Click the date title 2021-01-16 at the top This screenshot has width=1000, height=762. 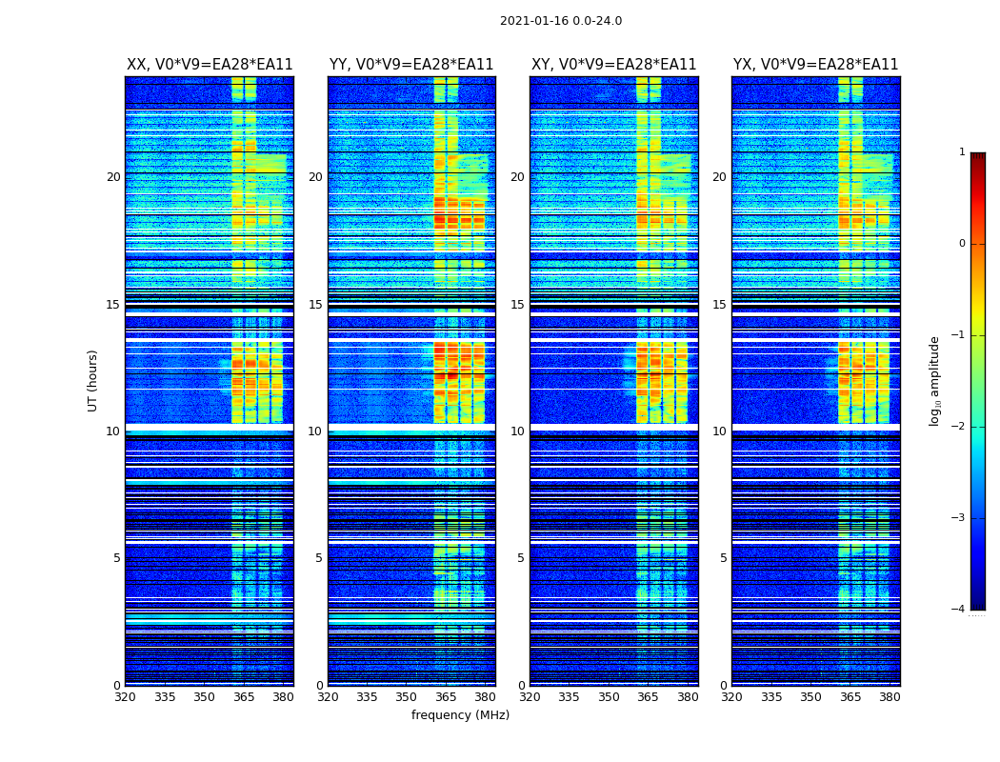(560, 21)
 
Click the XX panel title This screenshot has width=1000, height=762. (210, 65)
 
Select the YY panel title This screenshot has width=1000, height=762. (411, 65)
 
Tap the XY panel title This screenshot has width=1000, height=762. (613, 65)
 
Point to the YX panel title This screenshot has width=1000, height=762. (815, 65)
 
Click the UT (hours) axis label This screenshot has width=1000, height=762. (93, 380)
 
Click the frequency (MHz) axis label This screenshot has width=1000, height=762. (460, 715)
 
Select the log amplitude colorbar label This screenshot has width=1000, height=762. (934, 380)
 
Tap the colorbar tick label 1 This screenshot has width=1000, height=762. (962, 152)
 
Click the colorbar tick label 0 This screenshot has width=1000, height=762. (962, 244)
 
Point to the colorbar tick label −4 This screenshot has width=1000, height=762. (959, 610)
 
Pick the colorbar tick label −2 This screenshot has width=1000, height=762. (959, 427)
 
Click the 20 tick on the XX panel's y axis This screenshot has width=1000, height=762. (113, 177)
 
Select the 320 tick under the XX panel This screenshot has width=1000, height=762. (125, 697)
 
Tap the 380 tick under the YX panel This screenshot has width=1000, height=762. (890, 697)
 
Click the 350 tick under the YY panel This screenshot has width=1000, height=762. (406, 697)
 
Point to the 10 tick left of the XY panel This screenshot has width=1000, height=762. (517, 431)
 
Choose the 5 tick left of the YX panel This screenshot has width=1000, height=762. (724, 558)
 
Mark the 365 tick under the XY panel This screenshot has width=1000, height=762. (648, 697)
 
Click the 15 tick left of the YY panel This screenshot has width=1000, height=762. (315, 305)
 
